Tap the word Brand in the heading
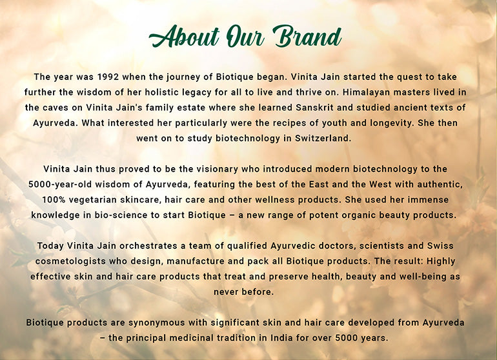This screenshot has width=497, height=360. (307, 37)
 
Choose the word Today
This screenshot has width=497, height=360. (52, 246)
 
